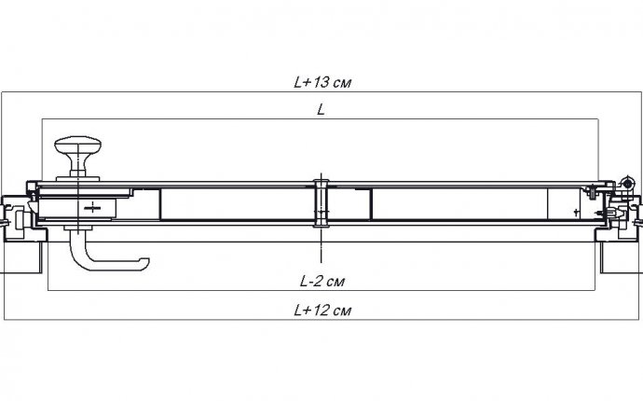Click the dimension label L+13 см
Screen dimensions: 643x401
(322, 82)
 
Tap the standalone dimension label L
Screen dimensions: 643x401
(321, 110)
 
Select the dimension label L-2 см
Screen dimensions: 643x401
(322, 281)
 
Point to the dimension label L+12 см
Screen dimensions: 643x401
(322, 310)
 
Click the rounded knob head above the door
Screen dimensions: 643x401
(78, 145)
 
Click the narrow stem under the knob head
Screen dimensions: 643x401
(78, 165)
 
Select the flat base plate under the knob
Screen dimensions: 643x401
(78, 179)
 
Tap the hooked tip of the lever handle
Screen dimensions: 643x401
(144, 264)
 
